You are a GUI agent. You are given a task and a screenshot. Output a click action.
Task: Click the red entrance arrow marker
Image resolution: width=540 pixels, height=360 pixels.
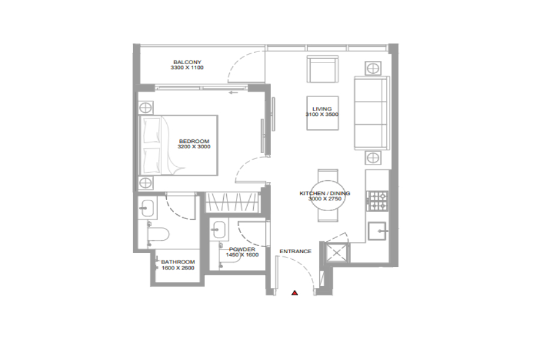[295, 293]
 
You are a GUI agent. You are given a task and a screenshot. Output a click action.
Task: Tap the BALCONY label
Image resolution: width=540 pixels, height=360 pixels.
[187, 62]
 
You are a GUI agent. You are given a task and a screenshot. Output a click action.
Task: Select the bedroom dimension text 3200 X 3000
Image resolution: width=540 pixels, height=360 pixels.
[194, 147]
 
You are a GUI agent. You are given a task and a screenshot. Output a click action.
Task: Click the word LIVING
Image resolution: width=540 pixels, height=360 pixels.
[322, 109]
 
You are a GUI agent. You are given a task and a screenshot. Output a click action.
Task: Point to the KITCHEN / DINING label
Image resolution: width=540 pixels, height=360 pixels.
[325, 193]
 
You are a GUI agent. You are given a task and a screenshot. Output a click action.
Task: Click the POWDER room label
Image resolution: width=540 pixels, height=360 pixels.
[242, 249]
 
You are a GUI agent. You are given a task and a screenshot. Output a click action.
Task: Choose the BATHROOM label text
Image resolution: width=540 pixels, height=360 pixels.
[178, 262]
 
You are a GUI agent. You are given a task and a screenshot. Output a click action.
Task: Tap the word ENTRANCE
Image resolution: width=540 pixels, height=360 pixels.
[295, 251]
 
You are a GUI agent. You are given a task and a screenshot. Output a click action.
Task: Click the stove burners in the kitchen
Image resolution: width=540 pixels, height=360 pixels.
[378, 201]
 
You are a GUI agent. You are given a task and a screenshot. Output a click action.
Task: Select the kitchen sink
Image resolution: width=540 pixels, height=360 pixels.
[378, 231]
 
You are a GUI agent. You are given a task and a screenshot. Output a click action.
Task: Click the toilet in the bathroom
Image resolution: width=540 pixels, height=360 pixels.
[158, 234]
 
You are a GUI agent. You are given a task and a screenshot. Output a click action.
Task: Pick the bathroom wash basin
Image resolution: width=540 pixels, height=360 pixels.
[148, 208]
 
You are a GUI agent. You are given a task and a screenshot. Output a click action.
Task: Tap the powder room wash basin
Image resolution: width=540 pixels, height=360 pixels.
[219, 229]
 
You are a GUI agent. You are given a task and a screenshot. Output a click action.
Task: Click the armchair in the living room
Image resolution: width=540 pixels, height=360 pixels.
[322, 69]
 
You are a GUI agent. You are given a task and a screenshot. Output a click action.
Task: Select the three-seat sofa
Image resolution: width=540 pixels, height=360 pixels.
[372, 113]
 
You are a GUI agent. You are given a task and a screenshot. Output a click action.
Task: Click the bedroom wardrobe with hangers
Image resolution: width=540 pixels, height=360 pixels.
[232, 202]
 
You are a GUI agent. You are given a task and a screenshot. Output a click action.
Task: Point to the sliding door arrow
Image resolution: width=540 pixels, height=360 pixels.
[233, 92]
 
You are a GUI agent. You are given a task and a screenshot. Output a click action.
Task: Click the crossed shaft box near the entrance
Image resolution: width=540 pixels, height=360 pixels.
[337, 253]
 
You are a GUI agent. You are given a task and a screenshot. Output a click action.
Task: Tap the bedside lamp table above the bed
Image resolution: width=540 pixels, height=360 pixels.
[146, 108]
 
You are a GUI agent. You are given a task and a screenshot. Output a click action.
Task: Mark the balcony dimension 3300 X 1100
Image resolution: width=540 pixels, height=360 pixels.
[187, 68]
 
